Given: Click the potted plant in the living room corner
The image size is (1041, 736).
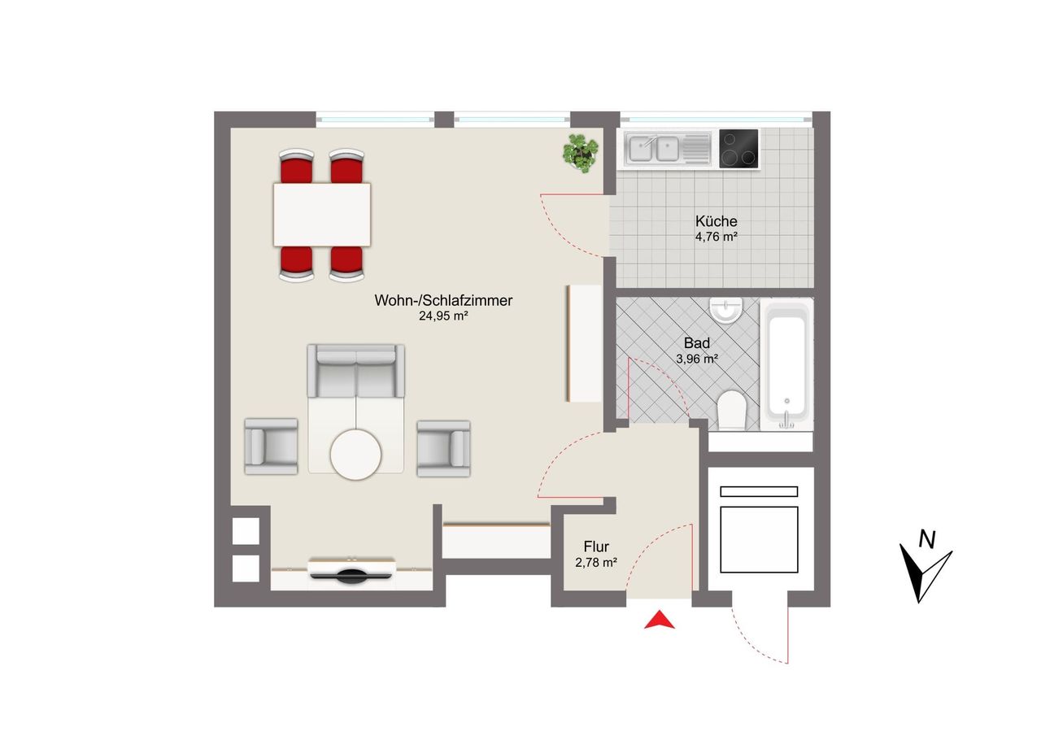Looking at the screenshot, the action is pos(580,153).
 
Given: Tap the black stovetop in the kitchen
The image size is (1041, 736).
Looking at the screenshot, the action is pos(738,149).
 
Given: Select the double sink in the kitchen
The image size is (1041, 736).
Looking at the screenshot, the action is pos(668,148).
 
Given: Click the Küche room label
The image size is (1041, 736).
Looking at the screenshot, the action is pos(717,220).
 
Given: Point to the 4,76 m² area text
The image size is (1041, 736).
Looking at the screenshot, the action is pos(717,237).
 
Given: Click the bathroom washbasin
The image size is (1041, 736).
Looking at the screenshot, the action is pos(726,310).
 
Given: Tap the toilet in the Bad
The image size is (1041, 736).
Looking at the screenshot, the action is pos(731,410).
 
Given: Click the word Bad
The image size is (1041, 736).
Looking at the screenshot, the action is pos(697,343).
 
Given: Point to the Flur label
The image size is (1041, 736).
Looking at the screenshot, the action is pos(596,547).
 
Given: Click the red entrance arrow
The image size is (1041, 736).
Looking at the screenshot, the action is pos(659,620).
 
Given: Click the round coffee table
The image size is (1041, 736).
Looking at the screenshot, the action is pos(355,455).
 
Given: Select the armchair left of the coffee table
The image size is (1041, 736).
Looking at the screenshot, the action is pos(271,446).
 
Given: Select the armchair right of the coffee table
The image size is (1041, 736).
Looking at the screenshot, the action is pos(443,448).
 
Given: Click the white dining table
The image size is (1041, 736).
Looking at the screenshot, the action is pos(321,215).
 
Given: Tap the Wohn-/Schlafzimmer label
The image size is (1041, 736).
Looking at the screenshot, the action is pos(443,300).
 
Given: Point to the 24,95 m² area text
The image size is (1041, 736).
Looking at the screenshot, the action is pos(443,316).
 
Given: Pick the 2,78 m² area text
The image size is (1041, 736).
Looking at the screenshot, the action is pos(596,563).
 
